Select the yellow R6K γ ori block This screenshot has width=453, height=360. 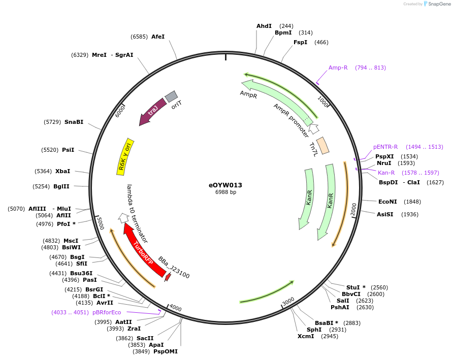pyautogui.click(x=125, y=156)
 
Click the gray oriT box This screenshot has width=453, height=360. pyautogui.click(x=171, y=96)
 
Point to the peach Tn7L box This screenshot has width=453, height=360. pyautogui.click(x=322, y=146)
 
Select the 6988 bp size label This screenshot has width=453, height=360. pyautogui.click(x=225, y=192)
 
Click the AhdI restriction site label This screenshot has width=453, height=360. pyautogui.click(x=264, y=26)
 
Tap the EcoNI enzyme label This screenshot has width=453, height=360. pyautogui.click(x=388, y=202)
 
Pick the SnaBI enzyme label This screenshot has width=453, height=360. pyautogui.click(x=74, y=122)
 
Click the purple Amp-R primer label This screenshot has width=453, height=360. pyautogui.click(x=338, y=68)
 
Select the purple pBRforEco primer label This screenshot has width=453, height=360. pyautogui.click(x=107, y=312)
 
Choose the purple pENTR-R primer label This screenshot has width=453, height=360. pyautogui.click(x=385, y=147)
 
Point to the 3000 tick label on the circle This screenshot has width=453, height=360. pyautogui.click(x=288, y=302)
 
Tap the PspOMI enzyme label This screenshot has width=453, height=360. pyautogui.click(x=166, y=351)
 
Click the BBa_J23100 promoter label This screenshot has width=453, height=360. pyautogui.click(x=174, y=268)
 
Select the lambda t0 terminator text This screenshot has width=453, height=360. pyautogui.click(x=137, y=213)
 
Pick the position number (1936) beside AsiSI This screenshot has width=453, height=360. pyautogui.click(x=410, y=214)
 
